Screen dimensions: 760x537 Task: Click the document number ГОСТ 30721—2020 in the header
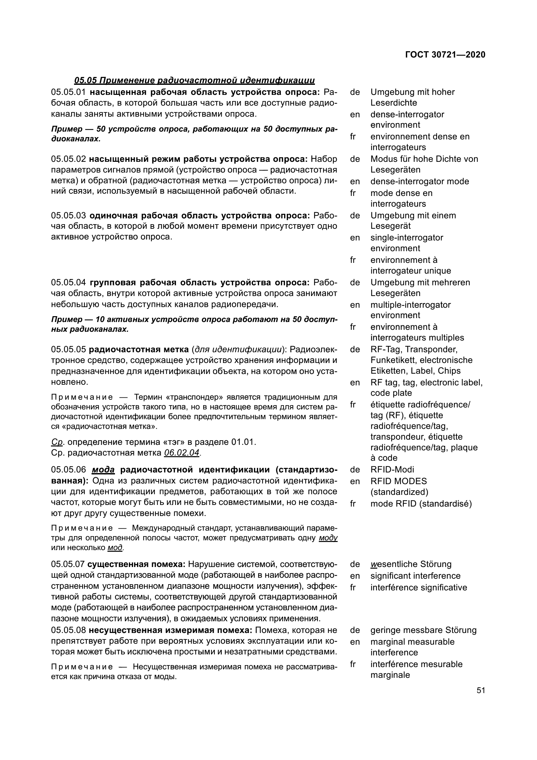tap(445, 55)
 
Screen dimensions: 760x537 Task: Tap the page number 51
tap(481, 690)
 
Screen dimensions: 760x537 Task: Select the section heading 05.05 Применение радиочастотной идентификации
tap(194, 81)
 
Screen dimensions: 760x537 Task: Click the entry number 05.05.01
tap(68, 92)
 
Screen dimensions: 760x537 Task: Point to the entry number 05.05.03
tap(68, 215)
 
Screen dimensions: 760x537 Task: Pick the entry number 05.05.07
tap(68, 564)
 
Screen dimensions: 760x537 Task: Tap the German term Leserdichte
tap(393, 103)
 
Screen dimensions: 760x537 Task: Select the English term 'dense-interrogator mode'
tap(419, 181)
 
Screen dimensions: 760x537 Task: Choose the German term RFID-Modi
tap(392, 470)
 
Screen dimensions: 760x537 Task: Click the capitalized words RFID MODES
tap(398, 481)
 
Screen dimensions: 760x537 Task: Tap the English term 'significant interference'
tap(415, 576)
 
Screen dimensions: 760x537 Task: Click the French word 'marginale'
tap(390, 675)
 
